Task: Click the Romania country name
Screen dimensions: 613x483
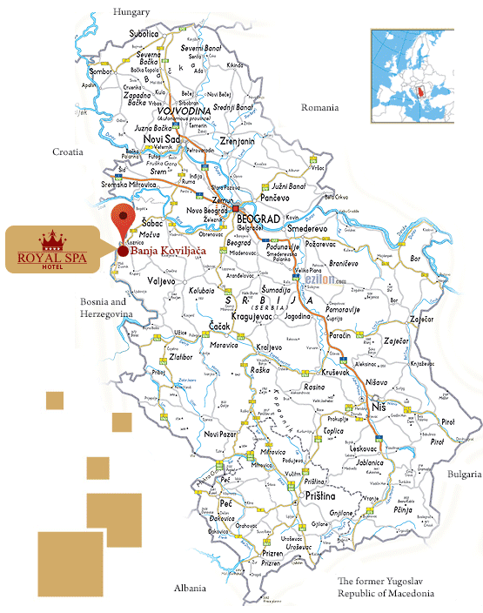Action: (319, 107)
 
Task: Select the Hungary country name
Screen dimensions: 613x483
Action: (131, 11)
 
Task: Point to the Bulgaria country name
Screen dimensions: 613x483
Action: (464, 474)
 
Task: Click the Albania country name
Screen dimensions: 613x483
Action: (189, 588)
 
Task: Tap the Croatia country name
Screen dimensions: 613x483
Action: (67, 152)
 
